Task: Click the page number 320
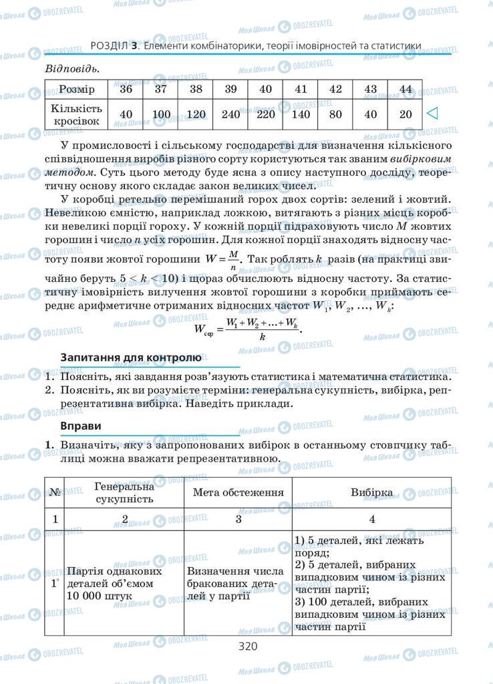246,646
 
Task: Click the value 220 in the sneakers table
265,114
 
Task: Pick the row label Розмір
76,90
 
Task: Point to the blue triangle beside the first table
432,114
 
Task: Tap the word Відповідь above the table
71,69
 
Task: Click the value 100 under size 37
161,114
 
